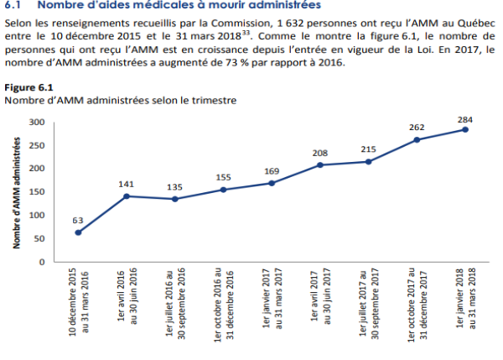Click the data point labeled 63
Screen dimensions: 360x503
coord(78,232)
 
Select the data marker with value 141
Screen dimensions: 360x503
coord(126,196)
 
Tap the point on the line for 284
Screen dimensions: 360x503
coord(464,129)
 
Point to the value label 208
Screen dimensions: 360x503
coord(319,153)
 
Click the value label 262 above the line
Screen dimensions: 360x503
coord(417,128)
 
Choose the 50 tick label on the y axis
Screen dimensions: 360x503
coord(38,238)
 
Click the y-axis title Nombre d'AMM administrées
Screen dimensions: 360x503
coord(16,191)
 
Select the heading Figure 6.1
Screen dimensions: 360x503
coord(29,87)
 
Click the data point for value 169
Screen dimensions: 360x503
coord(271,183)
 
